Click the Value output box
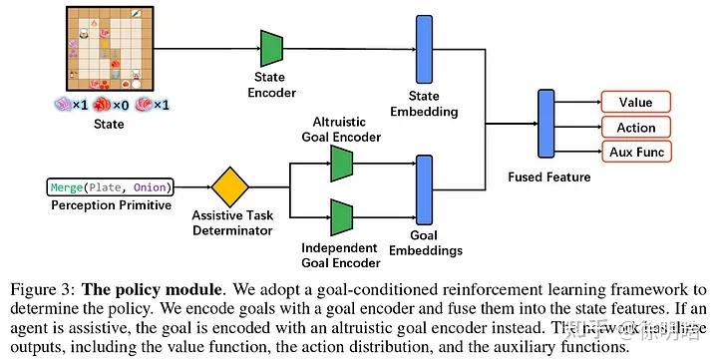coord(635,102)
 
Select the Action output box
coord(635,127)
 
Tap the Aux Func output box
coord(635,152)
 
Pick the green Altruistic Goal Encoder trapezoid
coord(343,163)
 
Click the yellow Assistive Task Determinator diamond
coord(230,187)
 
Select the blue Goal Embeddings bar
coord(423,189)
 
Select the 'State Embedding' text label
coord(423,103)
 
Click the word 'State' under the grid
coord(109,125)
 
